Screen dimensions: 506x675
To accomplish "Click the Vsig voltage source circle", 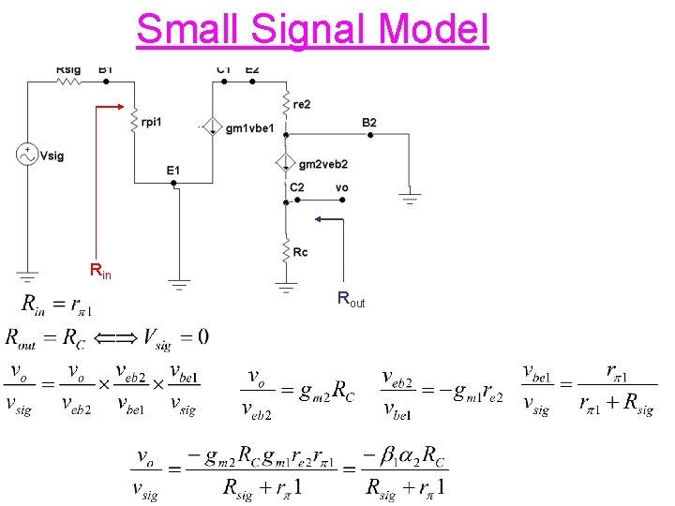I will [27, 156].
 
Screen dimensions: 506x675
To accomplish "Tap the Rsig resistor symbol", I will [69, 82].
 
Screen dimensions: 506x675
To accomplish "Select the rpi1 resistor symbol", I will [135, 121].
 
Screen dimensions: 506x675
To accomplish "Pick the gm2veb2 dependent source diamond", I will [285, 163].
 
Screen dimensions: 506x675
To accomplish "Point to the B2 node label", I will [369, 123].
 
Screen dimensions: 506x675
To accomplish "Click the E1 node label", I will [173, 170].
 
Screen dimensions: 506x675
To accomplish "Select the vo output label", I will [341, 187].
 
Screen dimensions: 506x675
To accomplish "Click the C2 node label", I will [296, 187].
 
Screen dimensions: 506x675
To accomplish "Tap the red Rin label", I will [99, 272].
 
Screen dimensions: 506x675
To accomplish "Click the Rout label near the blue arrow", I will [351, 301].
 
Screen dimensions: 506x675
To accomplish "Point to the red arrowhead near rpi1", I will [119, 107].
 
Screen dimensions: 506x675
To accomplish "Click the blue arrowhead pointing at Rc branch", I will [320, 219].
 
